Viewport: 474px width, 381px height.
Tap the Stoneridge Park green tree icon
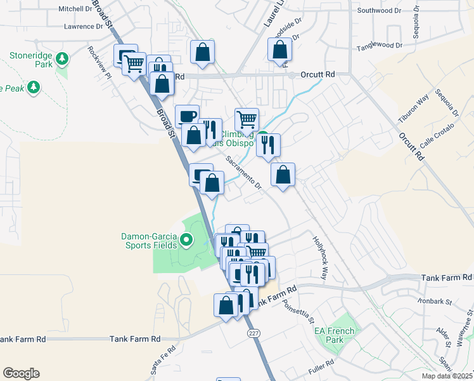[62, 60]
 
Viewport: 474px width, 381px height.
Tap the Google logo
[21, 373]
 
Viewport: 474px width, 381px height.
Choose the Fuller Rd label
[322, 367]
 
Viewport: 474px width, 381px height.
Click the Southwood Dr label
[380, 10]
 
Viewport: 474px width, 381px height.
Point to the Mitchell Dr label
[75, 9]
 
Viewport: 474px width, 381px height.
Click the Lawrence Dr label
[83, 27]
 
